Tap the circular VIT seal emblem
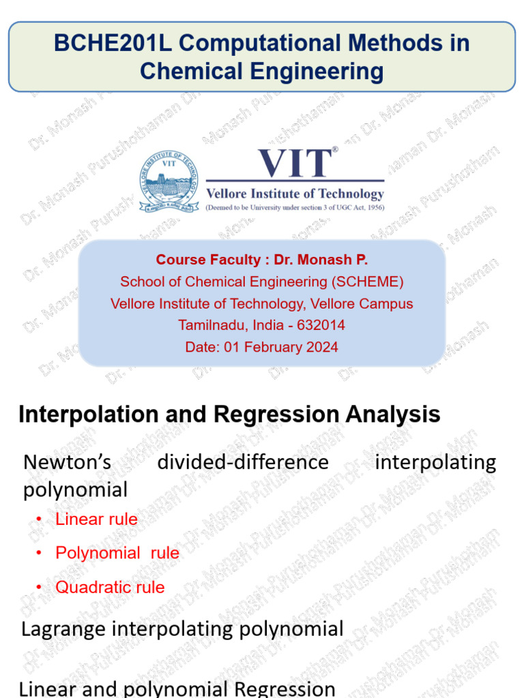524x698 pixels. pyautogui.click(x=169, y=181)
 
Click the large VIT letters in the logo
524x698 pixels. pyautogui.click(x=295, y=164)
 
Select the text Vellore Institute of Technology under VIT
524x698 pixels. pyautogui.click(x=295, y=194)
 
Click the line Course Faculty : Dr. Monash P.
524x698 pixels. pyautogui.click(x=262, y=260)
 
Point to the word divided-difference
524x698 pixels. pyautogui.click(x=243, y=462)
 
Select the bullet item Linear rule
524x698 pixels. pyautogui.click(x=96, y=519)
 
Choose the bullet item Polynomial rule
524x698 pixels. pyautogui.click(x=117, y=553)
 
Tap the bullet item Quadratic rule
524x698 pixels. pyautogui.click(x=110, y=587)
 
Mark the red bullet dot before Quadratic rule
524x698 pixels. pyautogui.click(x=39, y=588)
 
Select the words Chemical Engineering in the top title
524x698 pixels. pyautogui.click(x=262, y=71)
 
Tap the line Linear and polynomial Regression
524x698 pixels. pyautogui.click(x=177, y=688)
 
